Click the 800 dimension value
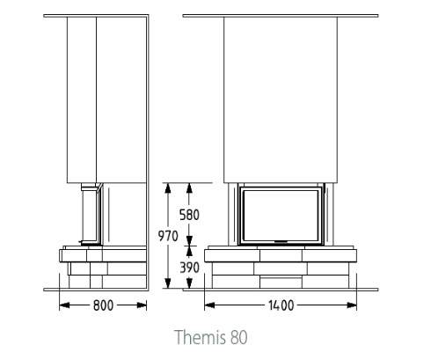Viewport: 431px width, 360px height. click(x=103, y=305)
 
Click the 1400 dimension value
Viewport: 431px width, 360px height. click(x=281, y=305)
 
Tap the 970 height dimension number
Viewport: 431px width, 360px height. click(x=168, y=236)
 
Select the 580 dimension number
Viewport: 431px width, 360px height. click(x=189, y=215)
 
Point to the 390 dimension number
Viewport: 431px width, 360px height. click(x=189, y=268)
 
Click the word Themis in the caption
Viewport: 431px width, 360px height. click(x=201, y=337)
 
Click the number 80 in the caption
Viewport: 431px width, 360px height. click(x=239, y=338)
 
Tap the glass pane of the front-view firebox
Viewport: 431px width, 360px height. click(x=281, y=217)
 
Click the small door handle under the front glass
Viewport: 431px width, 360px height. click(x=281, y=242)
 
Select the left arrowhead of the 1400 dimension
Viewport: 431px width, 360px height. click(x=209, y=305)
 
